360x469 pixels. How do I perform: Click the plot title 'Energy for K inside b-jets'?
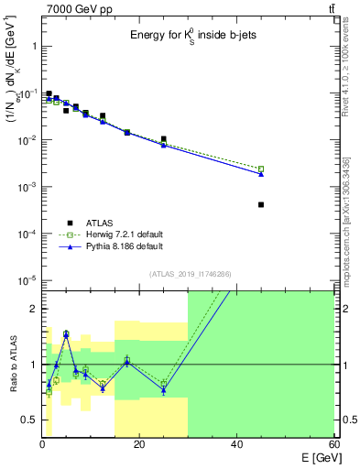(189, 37)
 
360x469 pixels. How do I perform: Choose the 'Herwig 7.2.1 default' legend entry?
(116, 234)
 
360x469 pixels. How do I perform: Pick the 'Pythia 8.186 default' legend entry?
(116, 246)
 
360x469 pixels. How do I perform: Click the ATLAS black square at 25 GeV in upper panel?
(163, 139)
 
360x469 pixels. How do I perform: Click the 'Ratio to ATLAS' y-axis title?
(12, 364)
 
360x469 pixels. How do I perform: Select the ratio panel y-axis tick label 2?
(32, 309)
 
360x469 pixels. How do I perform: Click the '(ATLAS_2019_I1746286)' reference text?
(189, 274)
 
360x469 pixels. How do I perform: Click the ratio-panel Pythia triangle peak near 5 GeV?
(66, 334)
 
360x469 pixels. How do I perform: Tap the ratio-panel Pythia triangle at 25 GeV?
(163, 390)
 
